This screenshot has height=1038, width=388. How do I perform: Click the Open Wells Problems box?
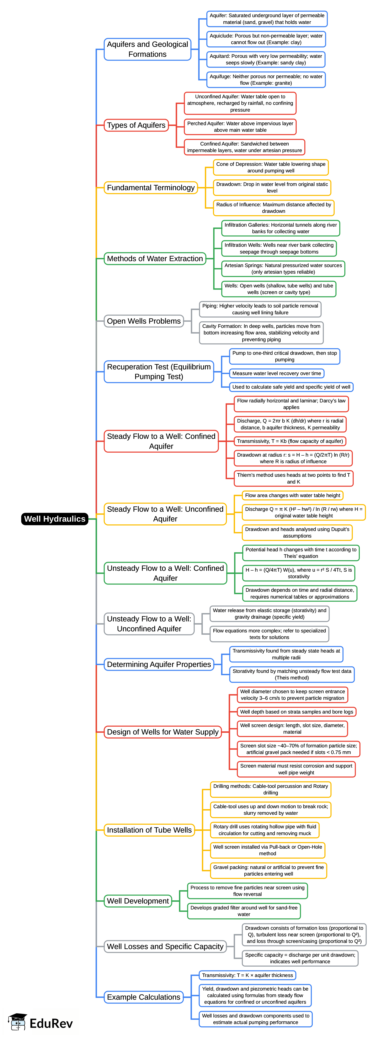coord(144,321)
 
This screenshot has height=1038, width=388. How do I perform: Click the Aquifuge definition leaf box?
coord(266,80)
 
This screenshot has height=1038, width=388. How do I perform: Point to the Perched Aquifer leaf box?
coord(240,127)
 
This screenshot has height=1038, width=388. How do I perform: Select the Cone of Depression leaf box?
coord(271,167)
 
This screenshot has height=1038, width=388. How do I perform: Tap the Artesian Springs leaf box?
coord(283,269)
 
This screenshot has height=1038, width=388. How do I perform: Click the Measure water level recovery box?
coord(277,374)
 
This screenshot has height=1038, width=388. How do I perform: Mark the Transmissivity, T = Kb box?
coord(290,441)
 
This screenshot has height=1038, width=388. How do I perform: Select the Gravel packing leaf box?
coord(268,870)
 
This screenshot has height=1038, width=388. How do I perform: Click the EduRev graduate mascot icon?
coord(17,1022)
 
